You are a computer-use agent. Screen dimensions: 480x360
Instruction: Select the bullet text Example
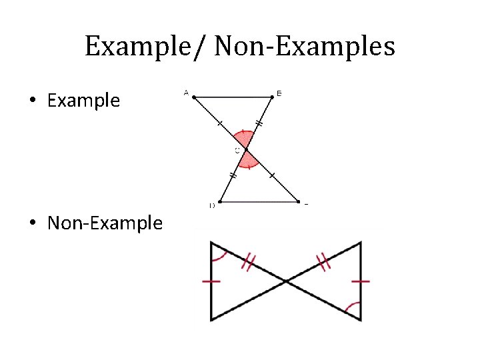[83, 101]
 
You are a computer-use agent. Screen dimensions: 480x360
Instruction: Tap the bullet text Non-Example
[105, 223]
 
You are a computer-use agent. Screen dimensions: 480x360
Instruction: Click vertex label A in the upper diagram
[185, 93]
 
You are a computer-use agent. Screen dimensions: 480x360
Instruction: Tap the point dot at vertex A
[193, 97]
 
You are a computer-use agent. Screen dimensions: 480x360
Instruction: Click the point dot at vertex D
[221, 201]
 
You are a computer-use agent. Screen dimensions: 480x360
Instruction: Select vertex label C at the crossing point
[237, 151]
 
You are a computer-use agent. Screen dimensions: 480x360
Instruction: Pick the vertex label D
[212, 205]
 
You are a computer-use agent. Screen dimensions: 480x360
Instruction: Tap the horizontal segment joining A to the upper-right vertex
[233, 97]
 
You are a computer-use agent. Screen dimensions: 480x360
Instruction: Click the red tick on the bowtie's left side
[211, 281]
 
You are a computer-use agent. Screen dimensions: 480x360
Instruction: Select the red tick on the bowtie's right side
[361, 281]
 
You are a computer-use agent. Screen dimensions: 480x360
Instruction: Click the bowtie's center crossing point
[286, 281]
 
